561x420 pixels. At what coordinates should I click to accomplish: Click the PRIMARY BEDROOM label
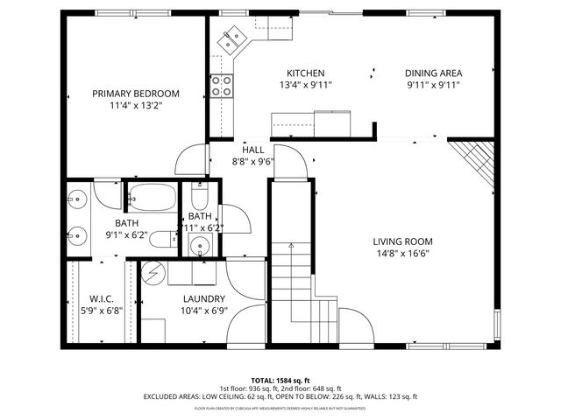coord(136,94)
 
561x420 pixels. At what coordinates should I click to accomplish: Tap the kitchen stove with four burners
coord(222,85)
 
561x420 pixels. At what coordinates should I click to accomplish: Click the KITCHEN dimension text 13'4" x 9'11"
coord(305,85)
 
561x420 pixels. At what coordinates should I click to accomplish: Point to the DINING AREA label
coord(433,73)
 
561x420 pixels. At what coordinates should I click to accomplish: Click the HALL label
coord(253,150)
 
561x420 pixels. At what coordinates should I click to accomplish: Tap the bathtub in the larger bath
coord(153,199)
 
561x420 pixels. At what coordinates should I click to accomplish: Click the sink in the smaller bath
coord(199,246)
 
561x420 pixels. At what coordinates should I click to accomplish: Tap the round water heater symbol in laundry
coord(153,273)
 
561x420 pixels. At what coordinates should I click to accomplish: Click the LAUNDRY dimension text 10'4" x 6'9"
coord(203,310)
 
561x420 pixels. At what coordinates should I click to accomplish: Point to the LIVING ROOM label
coord(402,241)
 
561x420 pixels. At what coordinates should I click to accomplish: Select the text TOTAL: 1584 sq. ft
coord(280,380)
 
